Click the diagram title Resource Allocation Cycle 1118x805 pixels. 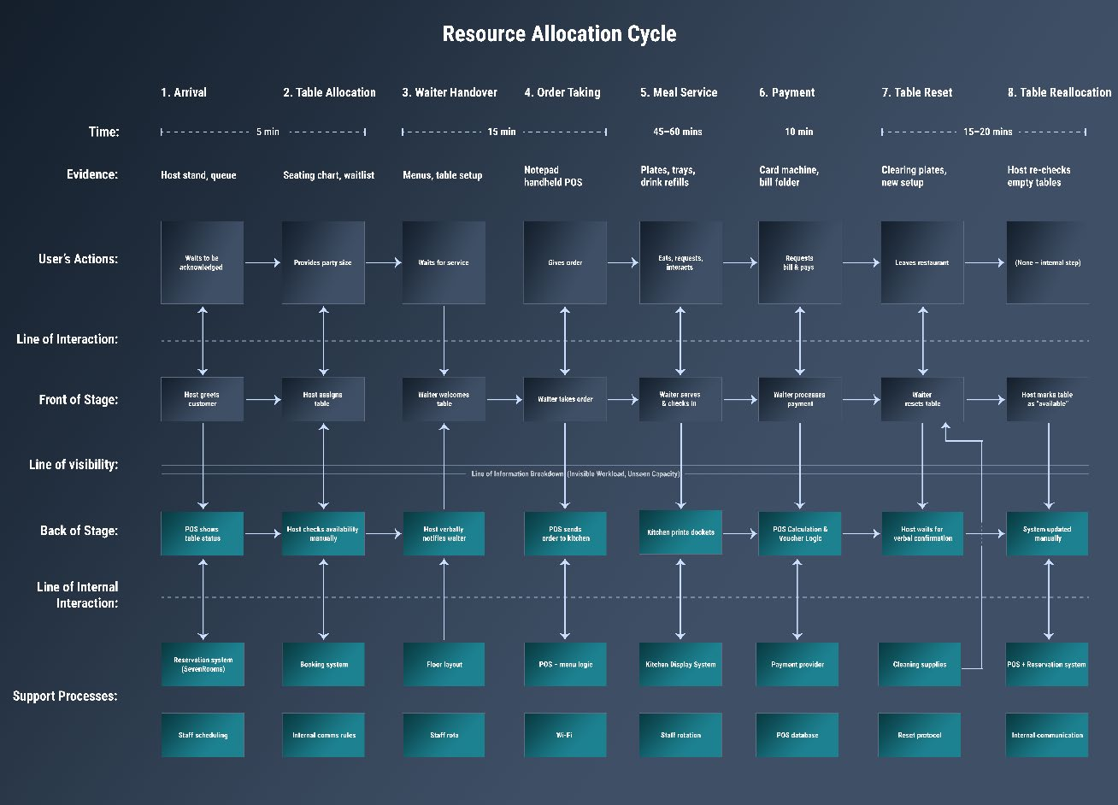[x=559, y=34]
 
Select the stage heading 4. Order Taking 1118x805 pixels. [x=562, y=92]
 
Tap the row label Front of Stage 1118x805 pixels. [x=79, y=399]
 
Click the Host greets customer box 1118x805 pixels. [x=203, y=399]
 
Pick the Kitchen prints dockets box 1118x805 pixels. [x=680, y=532]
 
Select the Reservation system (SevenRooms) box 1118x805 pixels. [x=203, y=664]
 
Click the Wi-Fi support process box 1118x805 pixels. [x=564, y=735]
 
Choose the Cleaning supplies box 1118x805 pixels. [x=920, y=664]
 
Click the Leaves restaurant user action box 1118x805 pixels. [x=922, y=262]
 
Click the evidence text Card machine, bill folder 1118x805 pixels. [x=788, y=176]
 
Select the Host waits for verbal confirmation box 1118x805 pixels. [x=922, y=533]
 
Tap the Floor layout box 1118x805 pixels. [x=444, y=664]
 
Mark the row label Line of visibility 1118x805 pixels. [x=74, y=465]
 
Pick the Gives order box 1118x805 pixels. [x=564, y=262]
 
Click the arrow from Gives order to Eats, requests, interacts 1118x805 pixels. [x=623, y=263]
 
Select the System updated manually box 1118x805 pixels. [x=1047, y=533]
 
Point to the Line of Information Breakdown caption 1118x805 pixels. [x=575, y=473]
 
